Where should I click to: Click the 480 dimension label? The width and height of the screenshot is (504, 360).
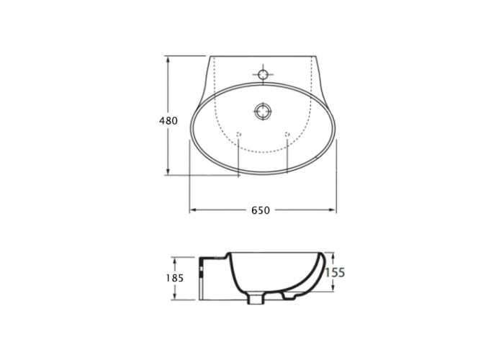168,121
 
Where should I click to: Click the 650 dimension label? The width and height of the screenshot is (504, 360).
261,210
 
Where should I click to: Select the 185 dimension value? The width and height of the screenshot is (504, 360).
175,278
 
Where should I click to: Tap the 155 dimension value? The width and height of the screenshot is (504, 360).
335,273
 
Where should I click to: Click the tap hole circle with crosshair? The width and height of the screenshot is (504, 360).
263,75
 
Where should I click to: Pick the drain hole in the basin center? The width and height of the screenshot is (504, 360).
263,112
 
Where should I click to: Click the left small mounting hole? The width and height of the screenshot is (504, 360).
238,135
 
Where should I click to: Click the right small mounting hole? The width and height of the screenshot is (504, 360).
287,135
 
